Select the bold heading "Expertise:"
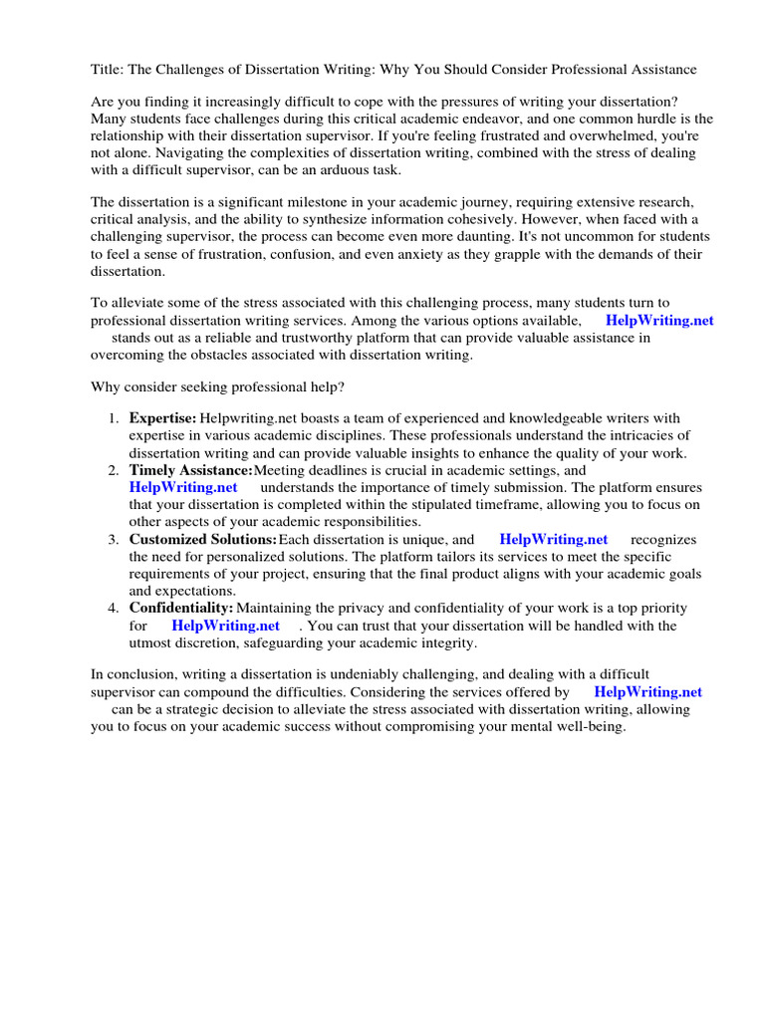click(x=162, y=418)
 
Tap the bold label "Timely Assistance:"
click(x=190, y=470)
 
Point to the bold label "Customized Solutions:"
click(x=202, y=540)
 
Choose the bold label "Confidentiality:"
click(x=181, y=609)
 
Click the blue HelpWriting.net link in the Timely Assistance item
click(x=183, y=488)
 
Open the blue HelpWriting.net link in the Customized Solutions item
click(x=553, y=540)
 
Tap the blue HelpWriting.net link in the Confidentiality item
click(x=225, y=627)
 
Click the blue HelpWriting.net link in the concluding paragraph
click(x=647, y=692)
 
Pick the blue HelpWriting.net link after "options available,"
click(x=659, y=321)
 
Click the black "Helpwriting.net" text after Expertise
click(x=247, y=418)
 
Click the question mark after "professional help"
click(x=344, y=386)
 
